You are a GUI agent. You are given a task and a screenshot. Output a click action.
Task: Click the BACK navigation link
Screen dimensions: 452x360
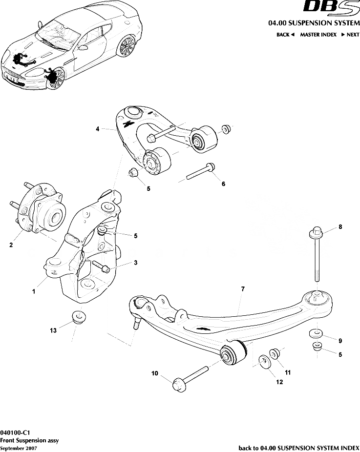click(x=285, y=35)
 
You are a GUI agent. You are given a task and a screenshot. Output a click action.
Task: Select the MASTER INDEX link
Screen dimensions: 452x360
click(x=318, y=35)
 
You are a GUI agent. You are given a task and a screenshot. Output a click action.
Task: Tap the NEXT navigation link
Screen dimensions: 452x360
click(x=350, y=35)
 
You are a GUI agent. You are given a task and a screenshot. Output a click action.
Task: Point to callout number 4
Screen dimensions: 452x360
click(x=98, y=129)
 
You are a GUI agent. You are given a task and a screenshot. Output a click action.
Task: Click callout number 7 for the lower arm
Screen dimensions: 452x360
click(x=242, y=289)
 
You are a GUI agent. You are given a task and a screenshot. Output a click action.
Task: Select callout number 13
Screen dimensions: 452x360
click(x=53, y=330)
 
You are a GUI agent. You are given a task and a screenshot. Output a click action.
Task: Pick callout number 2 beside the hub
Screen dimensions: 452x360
click(x=11, y=246)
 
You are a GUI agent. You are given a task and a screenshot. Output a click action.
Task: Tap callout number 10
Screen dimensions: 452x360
click(x=155, y=373)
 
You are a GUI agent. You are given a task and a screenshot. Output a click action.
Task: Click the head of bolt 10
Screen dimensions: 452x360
click(x=179, y=385)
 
